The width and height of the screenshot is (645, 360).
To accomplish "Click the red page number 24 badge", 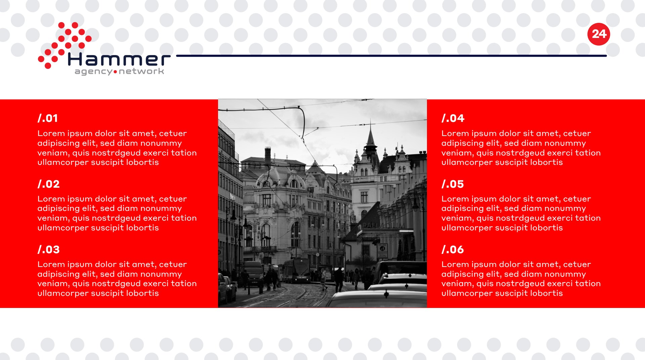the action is (x=599, y=34).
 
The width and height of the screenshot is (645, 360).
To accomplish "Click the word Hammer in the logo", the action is (x=119, y=60).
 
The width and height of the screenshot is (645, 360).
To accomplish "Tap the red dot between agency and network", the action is (x=116, y=72).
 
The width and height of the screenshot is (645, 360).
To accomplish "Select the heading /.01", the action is (x=48, y=118).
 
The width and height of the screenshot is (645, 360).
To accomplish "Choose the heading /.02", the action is (x=48, y=184).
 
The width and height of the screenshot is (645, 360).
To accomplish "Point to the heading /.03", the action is (x=48, y=250).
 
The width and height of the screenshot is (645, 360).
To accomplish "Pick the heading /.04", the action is (x=453, y=118).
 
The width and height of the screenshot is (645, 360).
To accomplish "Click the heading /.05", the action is (x=453, y=184).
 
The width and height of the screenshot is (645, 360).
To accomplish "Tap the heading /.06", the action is (x=453, y=250).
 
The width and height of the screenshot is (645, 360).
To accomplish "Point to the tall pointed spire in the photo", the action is (x=371, y=139).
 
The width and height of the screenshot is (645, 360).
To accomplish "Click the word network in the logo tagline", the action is (x=141, y=71).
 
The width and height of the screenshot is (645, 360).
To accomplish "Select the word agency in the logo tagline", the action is (x=93, y=72).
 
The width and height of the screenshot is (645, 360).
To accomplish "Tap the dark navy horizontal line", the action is (x=391, y=56).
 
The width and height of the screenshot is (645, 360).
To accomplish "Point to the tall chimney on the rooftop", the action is (x=268, y=157).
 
